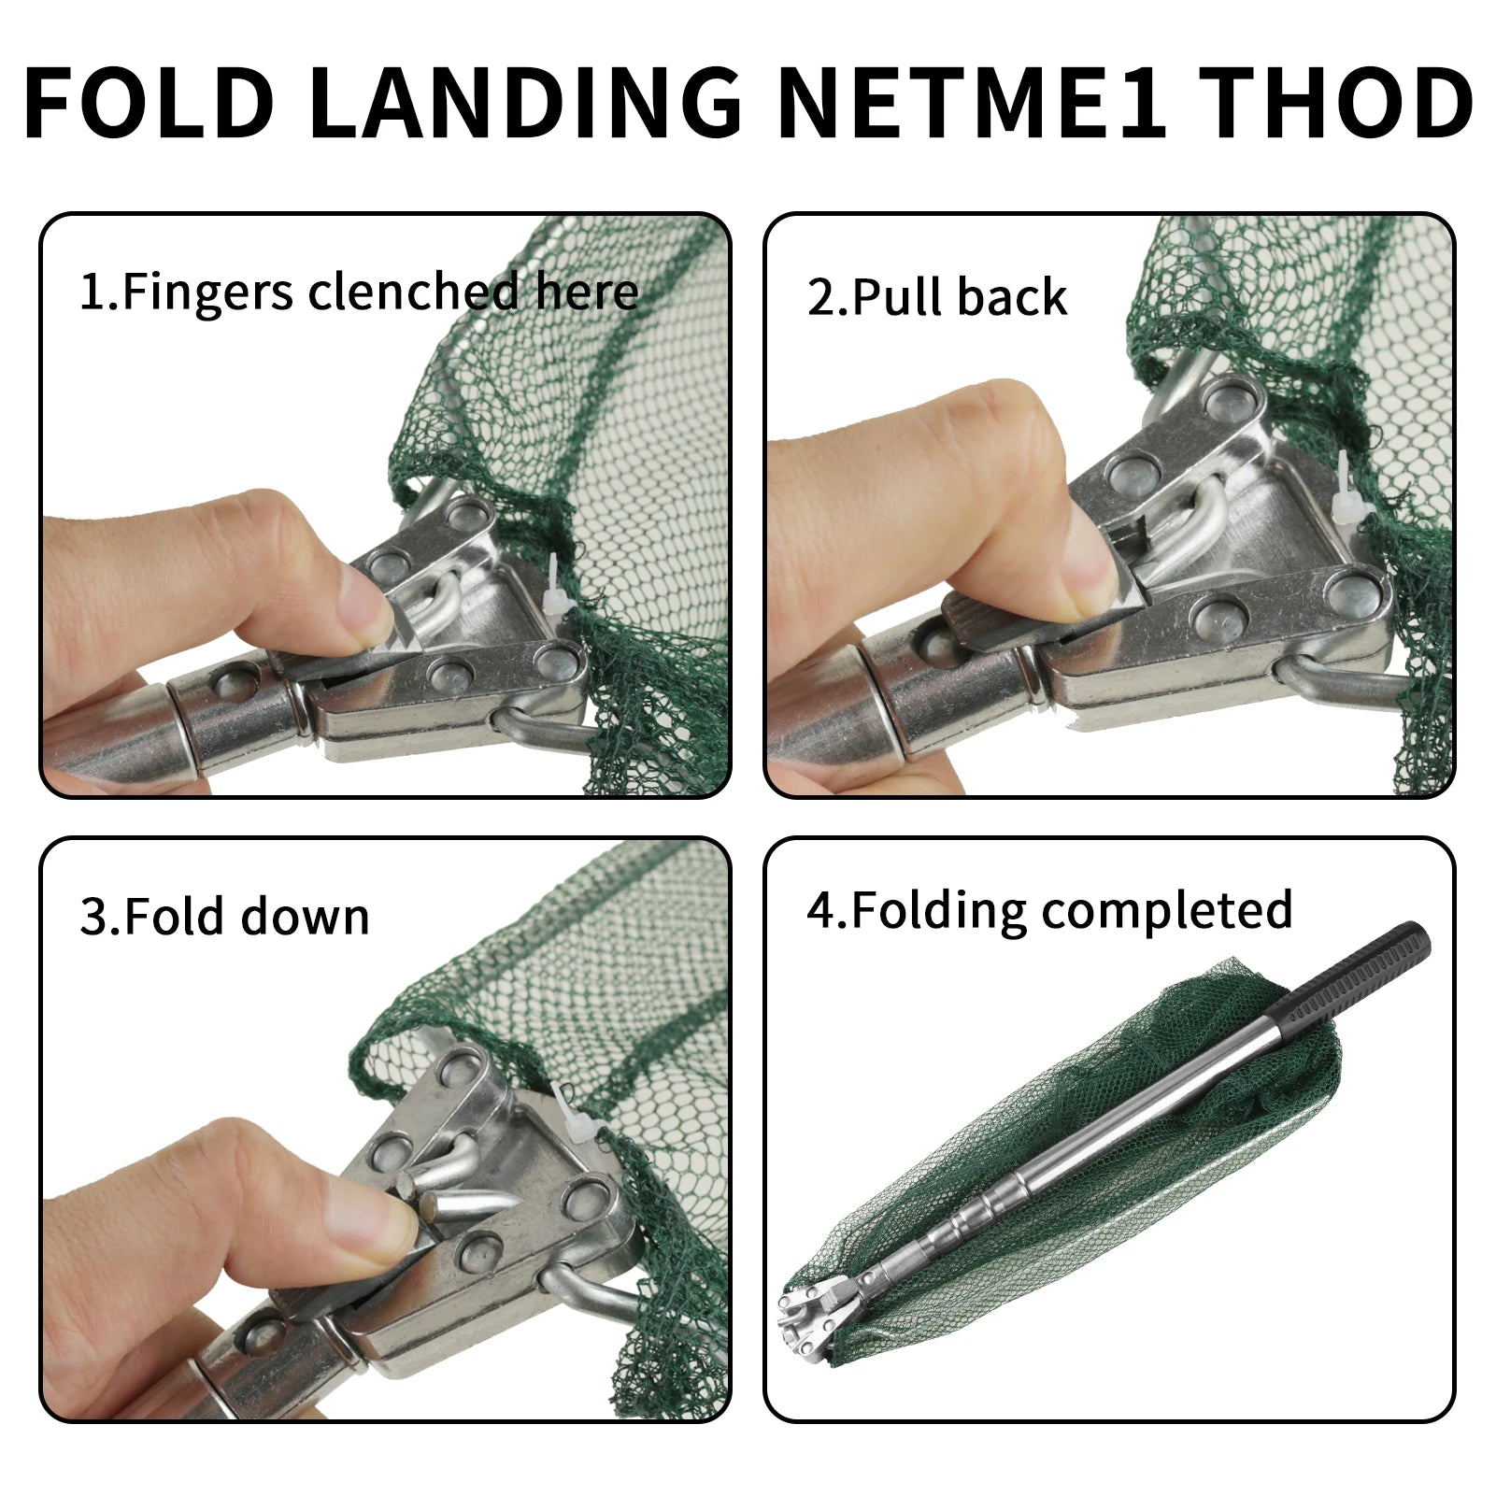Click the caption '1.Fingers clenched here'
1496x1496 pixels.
click(x=359, y=292)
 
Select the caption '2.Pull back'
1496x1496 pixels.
click(x=936, y=297)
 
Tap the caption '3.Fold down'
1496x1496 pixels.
click(x=225, y=917)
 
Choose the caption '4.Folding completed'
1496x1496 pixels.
click(x=1049, y=910)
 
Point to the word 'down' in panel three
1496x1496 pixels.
click(x=306, y=917)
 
